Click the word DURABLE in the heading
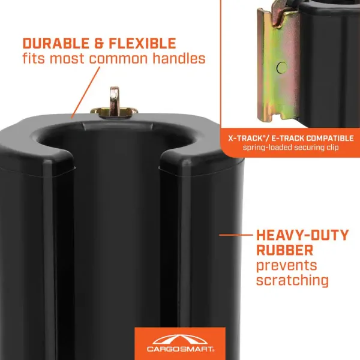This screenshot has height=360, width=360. [x=56, y=43]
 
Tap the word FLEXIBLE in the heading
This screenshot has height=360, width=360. [x=142, y=43]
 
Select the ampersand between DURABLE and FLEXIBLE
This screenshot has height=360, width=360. [x=99, y=43]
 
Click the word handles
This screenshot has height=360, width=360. [x=179, y=58]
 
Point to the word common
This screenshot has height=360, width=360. [x=118, y=59]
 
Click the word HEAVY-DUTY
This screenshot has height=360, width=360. [x=302, y=235]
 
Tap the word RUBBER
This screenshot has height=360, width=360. [x=284, y=250]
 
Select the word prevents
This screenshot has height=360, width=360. [x=286, y=266]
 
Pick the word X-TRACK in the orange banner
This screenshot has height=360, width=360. [x=245, y=138]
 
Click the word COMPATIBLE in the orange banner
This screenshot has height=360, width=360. [x=330, y=138]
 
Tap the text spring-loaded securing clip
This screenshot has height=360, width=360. [x=290, y=147]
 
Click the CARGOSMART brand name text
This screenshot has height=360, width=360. [x=181, y=349]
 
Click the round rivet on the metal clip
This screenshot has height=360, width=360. [x=281, y=67]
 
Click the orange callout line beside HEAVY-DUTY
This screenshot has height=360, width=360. [x=236, y=235]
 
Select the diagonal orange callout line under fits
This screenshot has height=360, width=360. [x=85, y=92]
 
